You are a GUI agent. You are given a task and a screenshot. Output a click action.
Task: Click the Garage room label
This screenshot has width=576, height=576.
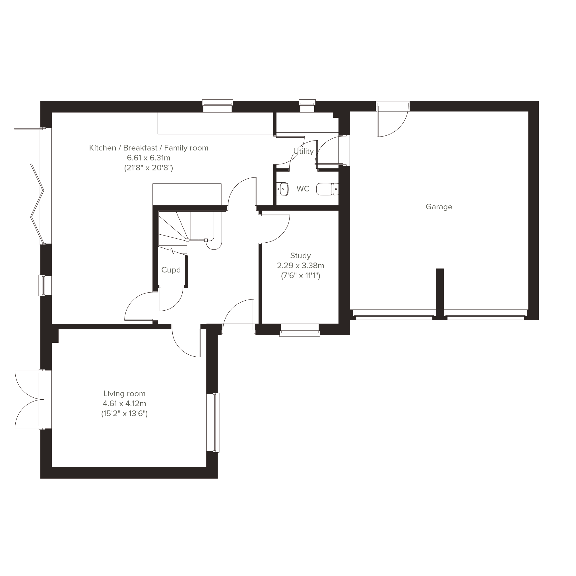pyautogui.click(x=439, y=207)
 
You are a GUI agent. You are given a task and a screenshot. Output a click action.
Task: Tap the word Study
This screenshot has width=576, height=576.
pyautogui.click(x=301, y=255)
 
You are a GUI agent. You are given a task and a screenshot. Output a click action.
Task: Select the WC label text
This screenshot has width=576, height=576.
pyautogui.click(x=303, y=189)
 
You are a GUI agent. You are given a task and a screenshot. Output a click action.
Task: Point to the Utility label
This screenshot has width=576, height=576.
pyautogui.click(x=304, y=151)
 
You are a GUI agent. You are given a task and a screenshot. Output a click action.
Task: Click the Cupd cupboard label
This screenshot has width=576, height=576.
pyautogui.click(x=171, y=270)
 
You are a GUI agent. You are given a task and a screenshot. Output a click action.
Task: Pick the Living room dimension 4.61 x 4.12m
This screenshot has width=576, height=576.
pyautogui.click(x=124, y=404)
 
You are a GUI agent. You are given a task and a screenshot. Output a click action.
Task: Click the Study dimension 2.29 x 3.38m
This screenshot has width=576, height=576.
pyautogui.click(x=301, y=265)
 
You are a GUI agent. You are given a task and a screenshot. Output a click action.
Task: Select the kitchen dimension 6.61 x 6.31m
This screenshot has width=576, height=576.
pyautogui.click(x=148, y=158)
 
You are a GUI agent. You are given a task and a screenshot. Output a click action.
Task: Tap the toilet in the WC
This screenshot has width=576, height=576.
pyautogui.click(x=327, y=189)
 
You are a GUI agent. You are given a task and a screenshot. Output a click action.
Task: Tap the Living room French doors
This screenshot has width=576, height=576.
pyautogui.click(x=29, y=400)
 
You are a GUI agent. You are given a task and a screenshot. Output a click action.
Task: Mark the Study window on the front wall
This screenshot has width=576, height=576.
pyautogui.click(x=300, y=330)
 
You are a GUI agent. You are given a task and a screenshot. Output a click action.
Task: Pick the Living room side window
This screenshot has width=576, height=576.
pyautogui.click(x=213, y=422)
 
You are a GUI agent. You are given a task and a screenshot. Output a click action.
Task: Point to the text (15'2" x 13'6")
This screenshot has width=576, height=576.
pyautogui.click(x=124, y=414)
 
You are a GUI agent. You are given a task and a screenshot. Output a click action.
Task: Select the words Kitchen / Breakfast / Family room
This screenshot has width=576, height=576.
pyautogui.click(x=148, y=148)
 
